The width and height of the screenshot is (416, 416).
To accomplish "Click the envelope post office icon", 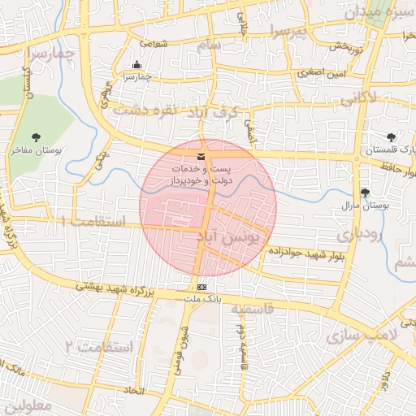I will (201, 157).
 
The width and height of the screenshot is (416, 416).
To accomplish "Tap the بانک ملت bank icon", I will (201, 287).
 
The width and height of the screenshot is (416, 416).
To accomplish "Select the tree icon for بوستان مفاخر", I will (35, 138).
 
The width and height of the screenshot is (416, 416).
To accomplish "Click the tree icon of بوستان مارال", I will (364, 193).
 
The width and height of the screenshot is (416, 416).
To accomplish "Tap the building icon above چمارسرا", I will (136, 65).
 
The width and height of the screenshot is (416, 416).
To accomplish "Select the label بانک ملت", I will (201, 299).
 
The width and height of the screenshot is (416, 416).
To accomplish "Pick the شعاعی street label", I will (154, 43).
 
